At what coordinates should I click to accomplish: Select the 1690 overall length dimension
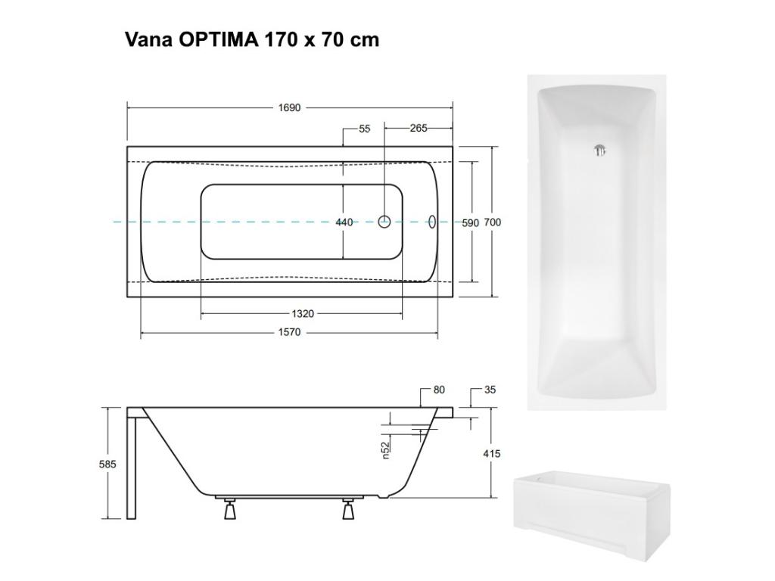pyautogui.click(x=289, y=107)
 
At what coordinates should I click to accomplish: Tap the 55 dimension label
pyautogui.click(x=365, y=129)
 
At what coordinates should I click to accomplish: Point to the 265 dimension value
pyautogui.click(x=419, y=129)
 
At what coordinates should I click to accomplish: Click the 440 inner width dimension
pyautogui.click(x=344, y=222)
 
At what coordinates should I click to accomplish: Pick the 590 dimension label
pyautogui.click(x=471, y=222)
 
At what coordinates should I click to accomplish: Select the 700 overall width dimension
pyautogui.click(x=493, y=222)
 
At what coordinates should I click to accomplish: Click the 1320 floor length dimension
pyautogui.click(x=302, y=313)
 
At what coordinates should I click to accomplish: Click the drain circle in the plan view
pyautogui.click(x=384, y=222)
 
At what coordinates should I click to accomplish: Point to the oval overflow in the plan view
pyautogui.click(x=432, y=222)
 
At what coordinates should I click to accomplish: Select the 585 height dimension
pyautogui.click(x=107, y=464)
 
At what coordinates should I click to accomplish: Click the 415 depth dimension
pyautogui.click(x=491, y=453)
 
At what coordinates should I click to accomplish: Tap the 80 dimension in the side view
pyautogui.click(x=439, y=390)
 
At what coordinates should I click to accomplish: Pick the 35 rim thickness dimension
pyautogui.click(x=490, y=390)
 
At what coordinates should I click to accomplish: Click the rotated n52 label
pyautogui.click(x=384, y=451)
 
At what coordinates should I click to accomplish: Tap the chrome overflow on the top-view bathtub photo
pyautogui.click(x=600, y=151)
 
